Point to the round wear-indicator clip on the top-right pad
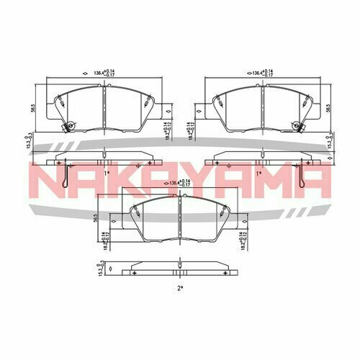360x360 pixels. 296,128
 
